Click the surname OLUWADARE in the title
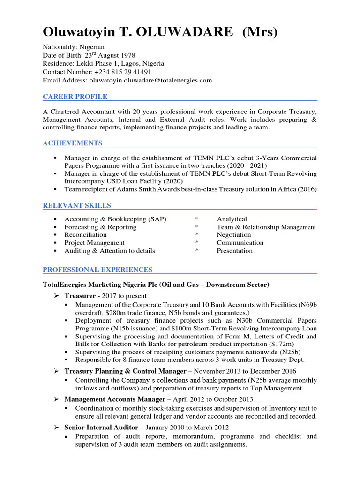[x=190, y=32]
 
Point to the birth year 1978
[x=126, y=55]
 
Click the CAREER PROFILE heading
[x=75, y=97]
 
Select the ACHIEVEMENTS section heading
[x=73, y=143]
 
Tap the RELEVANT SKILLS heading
[x=77, y=205]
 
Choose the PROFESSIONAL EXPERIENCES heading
[x=97, y=270]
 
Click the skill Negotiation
[x=234, y=235]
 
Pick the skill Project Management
[x=94, y=243]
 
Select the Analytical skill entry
[x=232, y=219]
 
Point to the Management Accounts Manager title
[x=116, y=399]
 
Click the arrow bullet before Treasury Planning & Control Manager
[x=55, y=371]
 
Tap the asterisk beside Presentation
[x=197, y=251]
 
